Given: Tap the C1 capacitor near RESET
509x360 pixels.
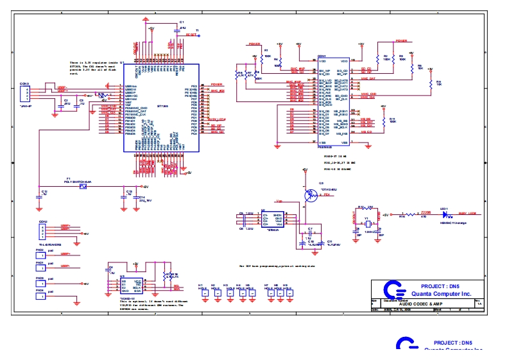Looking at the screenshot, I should point(177,30).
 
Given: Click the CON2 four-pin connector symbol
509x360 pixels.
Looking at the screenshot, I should point(44,232).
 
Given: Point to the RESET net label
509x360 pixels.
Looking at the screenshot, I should point(191,35).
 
